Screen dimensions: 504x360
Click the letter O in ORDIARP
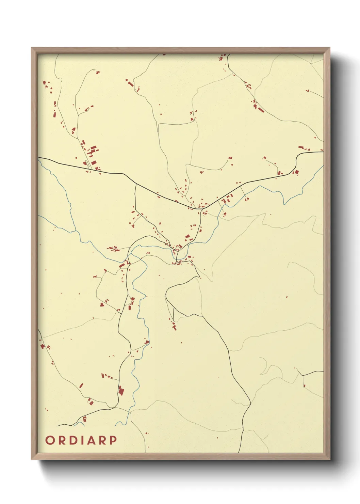coord(50,440)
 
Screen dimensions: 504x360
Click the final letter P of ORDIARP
coord(113,440)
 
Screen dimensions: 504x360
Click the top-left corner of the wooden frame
coord(32,48)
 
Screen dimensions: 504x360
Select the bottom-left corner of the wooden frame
coord(32,459)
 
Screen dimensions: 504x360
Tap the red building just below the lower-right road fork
coord(304,386)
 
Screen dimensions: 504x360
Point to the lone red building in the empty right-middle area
coord(287,297)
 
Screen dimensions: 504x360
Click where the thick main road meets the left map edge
coord(38,157)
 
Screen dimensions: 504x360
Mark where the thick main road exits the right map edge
coord(323,152)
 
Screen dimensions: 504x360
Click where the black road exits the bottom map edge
coord(239,452)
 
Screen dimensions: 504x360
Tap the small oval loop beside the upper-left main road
coord(88,164)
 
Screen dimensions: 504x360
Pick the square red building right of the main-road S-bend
coord(296,172)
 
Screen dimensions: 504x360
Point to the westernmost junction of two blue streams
coord(71,232)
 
